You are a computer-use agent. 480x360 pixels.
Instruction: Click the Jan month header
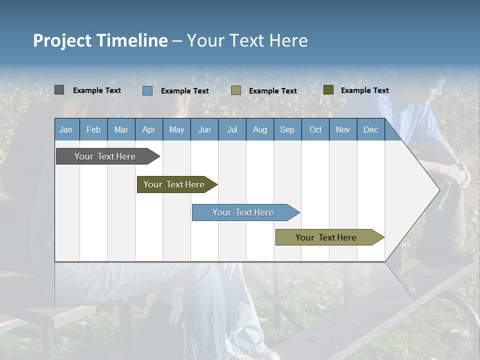[66, 129]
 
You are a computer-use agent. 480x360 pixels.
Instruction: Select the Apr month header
[148, 129]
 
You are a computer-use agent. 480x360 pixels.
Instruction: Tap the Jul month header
[232, 129]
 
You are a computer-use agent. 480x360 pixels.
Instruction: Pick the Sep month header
[287, 129]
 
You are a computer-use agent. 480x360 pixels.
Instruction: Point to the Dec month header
[370, 129]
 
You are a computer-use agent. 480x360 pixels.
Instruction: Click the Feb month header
[93, 129]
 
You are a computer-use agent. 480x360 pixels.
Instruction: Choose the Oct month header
[315, 129]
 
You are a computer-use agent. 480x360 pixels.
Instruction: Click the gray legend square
[59, 90]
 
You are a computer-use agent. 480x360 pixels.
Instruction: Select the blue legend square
[147, 90]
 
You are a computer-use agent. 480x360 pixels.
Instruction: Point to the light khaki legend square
[236, 90]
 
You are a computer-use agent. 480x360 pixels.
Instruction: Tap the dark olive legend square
[328, 90]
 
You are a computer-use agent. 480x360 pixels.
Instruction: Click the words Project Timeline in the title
[100, 40]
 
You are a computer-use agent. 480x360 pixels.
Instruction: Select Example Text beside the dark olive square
[364, 90]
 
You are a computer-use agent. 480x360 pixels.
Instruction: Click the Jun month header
[204, 129]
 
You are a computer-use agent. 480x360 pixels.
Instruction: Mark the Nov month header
[343, 129]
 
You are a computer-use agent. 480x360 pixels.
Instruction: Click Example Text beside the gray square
[97, 90]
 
